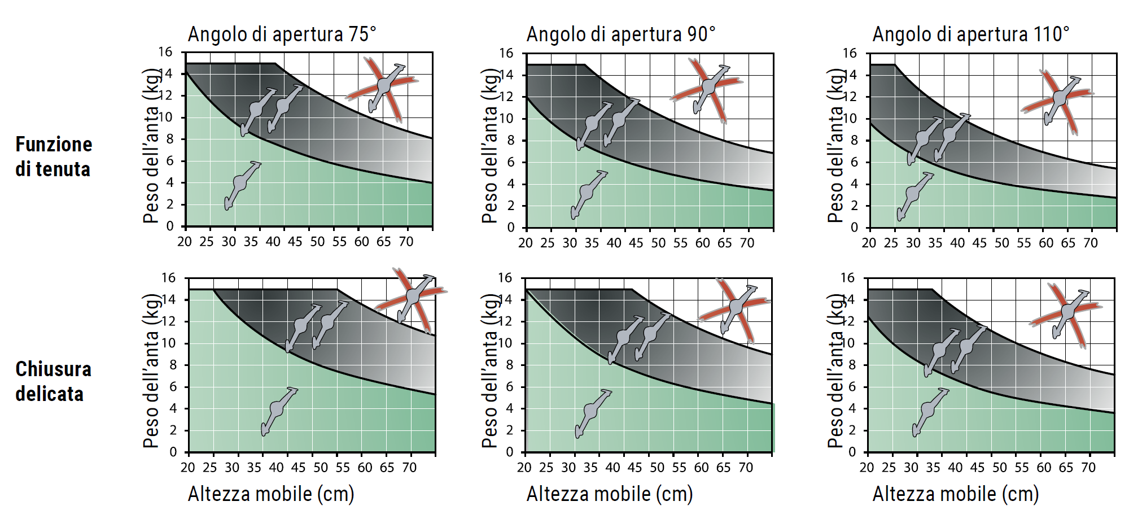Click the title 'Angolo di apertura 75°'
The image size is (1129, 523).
[282, 34]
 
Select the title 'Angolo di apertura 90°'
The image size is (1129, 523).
[620, 34]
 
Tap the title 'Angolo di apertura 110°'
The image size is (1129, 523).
[970, 34]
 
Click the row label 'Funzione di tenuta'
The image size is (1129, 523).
[54, 156]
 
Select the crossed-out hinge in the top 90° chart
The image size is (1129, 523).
[708, 88]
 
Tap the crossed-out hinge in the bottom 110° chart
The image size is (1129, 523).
[1066, 312]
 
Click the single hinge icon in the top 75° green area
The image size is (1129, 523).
[242, 184]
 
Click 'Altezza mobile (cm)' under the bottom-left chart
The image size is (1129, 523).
[271, 494]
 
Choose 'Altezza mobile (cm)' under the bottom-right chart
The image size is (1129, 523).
[955, 494]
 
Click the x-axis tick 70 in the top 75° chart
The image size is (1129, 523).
[406, 242]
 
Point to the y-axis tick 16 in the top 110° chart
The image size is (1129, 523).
[850, 54]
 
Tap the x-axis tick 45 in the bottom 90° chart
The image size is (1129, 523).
[634, 468]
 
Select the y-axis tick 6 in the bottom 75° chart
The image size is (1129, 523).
[173, 387]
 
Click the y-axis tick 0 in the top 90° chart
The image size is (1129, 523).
[510, 228]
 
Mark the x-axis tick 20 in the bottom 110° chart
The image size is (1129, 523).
[867, 468]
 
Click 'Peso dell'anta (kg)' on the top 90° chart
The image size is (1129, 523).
[489, 146]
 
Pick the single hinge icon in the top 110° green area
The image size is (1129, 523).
[914, 195]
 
